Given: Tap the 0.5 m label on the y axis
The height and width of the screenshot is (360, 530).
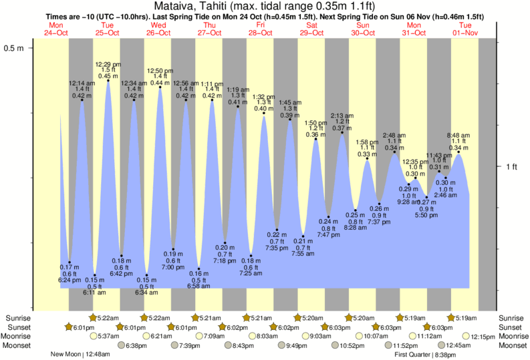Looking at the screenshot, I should (x=14, y=48).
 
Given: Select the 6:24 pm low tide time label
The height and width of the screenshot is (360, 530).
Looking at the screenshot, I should (x=70, y=280).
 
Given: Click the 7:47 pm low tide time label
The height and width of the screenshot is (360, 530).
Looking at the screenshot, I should (x=328, y=235).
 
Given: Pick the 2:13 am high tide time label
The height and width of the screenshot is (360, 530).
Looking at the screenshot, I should (x=342, y=115).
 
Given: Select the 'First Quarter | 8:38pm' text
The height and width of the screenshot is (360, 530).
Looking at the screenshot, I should (x=418, y=355).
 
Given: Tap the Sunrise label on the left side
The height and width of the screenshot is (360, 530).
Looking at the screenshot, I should (x=17, y=317).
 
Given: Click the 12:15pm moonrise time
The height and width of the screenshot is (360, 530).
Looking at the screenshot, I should (x=485, y=336).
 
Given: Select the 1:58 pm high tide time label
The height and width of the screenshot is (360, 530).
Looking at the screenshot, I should (x=367, y=142).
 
